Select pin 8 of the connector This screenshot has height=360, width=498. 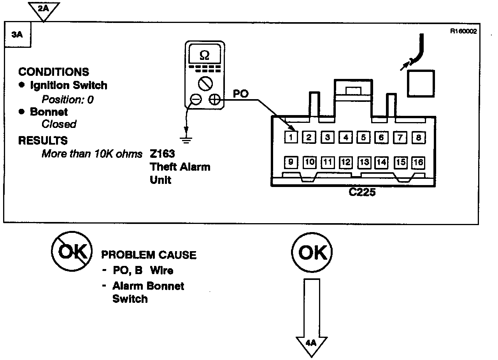[x=418, y=137]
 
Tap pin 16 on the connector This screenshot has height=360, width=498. [x=418, y=163]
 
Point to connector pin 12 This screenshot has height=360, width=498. [x=345, y=163]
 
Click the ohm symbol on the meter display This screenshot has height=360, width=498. [x=204, y=56]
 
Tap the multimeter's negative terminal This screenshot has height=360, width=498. [x=196, y=100]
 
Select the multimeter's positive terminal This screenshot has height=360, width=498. [x=214, y=100]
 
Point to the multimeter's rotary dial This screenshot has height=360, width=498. [x=204, y=83]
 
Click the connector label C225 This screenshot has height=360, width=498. [x=362, y=192]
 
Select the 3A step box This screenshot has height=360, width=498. [x=18, y=35]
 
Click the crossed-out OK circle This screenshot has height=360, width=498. [x=72, y=253]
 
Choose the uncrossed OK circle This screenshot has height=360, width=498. [x=311, y=253]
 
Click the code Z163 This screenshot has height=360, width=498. [x=162, y=154]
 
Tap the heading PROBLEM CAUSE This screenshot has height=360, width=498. [x=149, y=255]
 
